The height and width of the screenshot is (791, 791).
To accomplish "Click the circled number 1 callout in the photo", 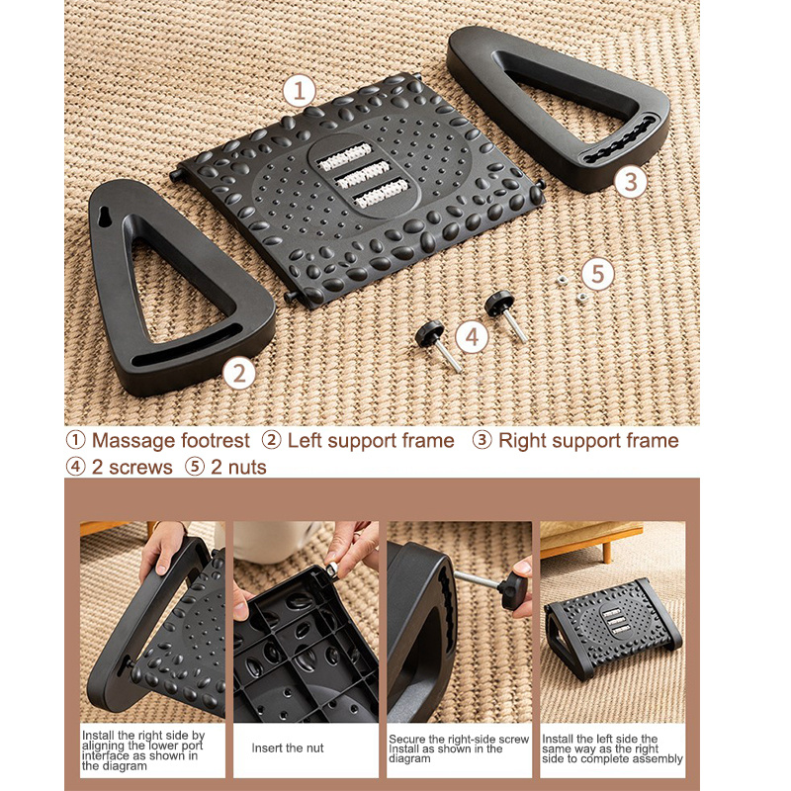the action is tap(299, 91).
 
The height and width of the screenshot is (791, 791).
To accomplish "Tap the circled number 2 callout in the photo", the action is tap(238, 374).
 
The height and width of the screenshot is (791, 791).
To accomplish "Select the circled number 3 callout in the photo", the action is tap(631, 182).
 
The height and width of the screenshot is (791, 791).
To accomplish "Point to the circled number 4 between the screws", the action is tap(472, 337).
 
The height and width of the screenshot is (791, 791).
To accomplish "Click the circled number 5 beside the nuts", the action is tap(598, 274).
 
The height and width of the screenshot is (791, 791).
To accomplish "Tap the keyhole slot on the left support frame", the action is tap(106, 216).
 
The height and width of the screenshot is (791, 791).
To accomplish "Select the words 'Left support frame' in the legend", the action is tap(371, 441).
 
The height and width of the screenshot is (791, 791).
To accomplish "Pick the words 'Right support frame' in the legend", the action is tap(588, 441).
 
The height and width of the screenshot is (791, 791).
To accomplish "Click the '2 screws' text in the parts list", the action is tap(132, 467).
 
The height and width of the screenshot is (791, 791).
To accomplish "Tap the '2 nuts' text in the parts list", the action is tap(238, 467).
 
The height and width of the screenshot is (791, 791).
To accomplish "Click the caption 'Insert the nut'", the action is tap(288, 747).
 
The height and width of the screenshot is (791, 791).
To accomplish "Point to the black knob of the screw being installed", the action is tap(512, 590).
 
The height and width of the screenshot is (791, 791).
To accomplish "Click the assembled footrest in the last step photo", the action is tap(613, 628).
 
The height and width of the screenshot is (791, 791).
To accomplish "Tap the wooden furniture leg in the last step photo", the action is tap(607, 554).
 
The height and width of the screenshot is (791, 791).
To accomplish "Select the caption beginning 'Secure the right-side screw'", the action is tap(459, 748).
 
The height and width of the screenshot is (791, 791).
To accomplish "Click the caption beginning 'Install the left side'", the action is tap(612, 748).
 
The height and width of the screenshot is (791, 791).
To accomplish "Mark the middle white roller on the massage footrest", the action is tap(363, 175).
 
